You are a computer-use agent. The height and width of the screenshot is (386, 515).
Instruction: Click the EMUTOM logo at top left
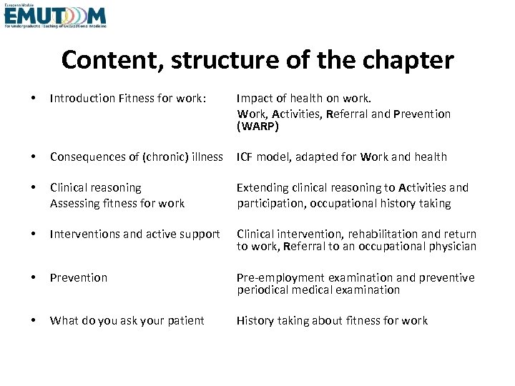(x=54, y=16)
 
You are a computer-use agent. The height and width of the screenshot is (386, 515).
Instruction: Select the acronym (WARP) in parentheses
(x=257, y=127)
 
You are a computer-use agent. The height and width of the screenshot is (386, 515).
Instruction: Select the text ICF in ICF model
(x=246, y=157)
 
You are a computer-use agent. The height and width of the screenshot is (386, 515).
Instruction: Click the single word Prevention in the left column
(x=79, y=277)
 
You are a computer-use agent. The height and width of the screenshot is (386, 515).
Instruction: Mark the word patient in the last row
(x=185, y=320)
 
